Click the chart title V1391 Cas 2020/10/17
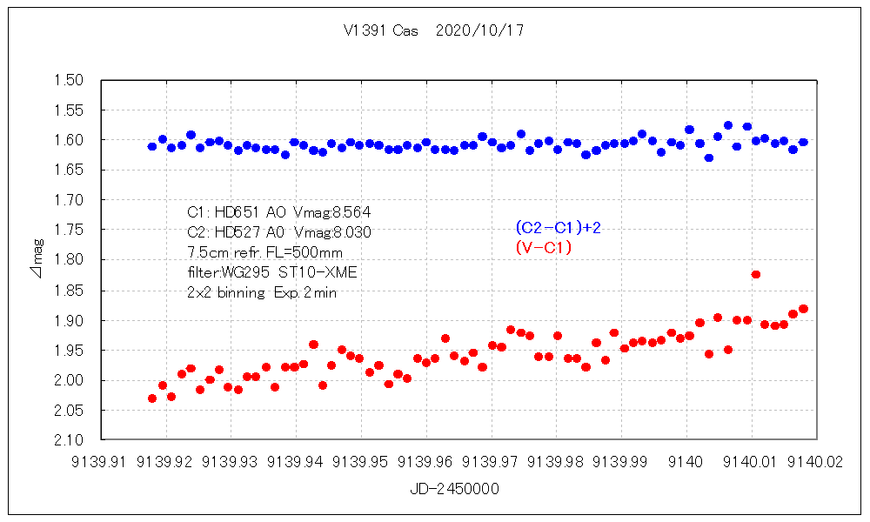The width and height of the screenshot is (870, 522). tap(433, 30)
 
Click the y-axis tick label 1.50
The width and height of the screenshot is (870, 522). tap(69, 80)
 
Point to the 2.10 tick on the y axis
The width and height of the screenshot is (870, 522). tap(69, 440)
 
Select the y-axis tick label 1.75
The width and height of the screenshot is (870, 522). tap(69, 230)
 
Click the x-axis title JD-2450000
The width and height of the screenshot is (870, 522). tap(454, 489)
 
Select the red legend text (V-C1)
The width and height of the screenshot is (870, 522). tap(543, 248)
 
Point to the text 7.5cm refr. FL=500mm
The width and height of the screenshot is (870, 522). tap(264, 252)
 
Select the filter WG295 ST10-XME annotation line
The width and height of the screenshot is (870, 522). tap(271, 272)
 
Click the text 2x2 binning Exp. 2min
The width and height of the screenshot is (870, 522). tap(261, 293)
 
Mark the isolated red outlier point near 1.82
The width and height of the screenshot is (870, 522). tap(756, 274)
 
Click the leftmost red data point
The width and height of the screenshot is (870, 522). tap(152, 398)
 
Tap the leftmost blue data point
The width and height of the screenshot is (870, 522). tap(152, 146)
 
